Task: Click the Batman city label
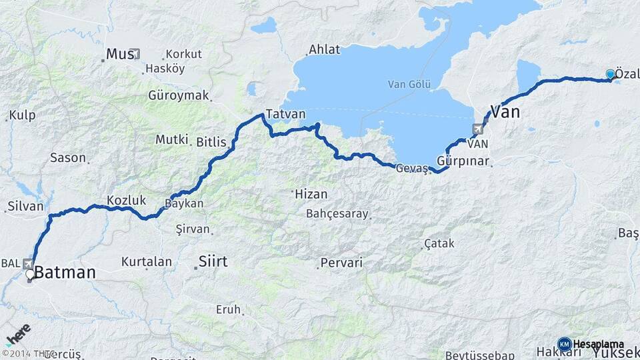pos(65,272)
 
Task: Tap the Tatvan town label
pos(285,113)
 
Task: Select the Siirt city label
pos(213,261)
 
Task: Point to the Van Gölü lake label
pos(410,84)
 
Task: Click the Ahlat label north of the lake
pos(324,49)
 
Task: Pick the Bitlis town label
pos(211,141)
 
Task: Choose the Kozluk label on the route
pos(126,199)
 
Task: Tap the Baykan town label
pos(185,203)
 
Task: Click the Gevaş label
pos(411,168)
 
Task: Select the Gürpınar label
pos(463,161)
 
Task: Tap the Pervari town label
pos(341,263)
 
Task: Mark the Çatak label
pos(439,244)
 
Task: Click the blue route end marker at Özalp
pos(610,74)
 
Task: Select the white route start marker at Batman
pos(30,274)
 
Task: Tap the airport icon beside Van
pos(478,129)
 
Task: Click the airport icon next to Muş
pos(137,54)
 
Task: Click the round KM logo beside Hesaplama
pos(564,344)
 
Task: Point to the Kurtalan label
pos(147,262)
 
